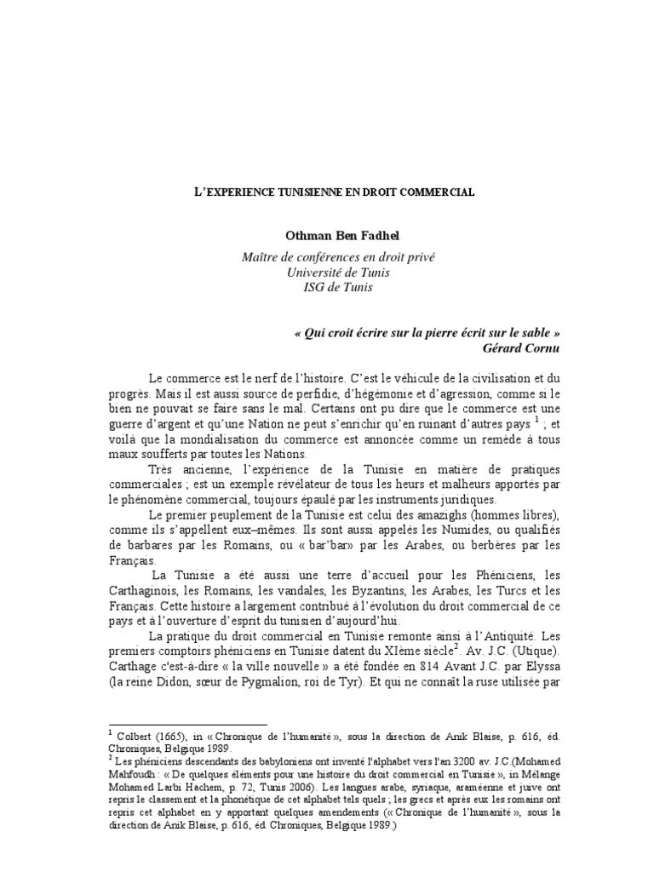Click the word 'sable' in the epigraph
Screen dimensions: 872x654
coord(541,332)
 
